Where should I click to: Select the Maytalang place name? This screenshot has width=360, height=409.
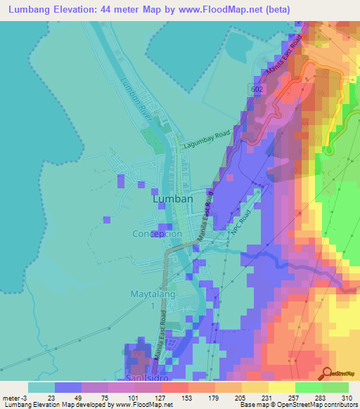pos(152,294)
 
